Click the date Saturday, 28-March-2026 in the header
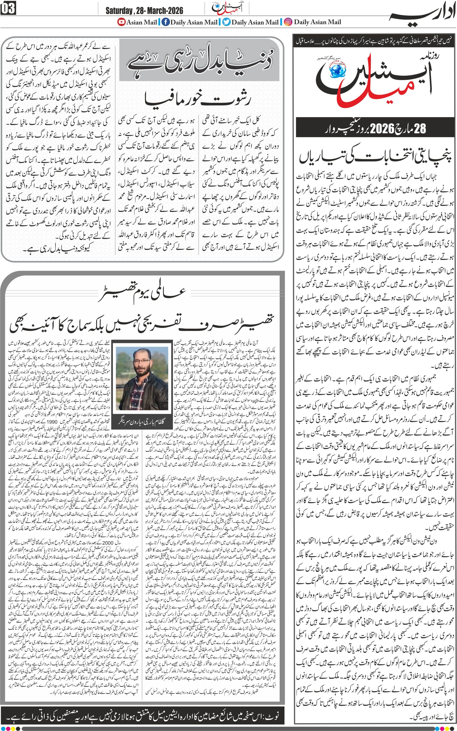(x=144, y=11)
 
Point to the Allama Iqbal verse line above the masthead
(x=375, y=42)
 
